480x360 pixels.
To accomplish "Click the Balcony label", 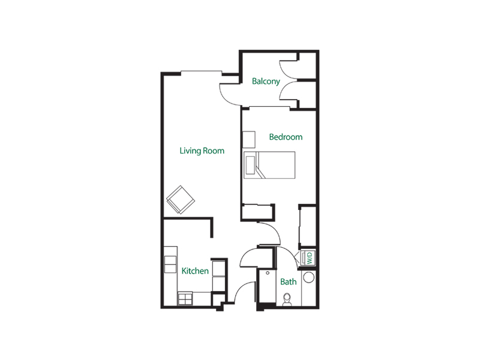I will point(266,81).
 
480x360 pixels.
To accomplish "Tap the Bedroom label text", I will point(286,137).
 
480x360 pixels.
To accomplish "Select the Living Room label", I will point(202,151).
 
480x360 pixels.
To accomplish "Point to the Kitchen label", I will point(195,271).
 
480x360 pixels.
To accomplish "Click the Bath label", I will point(289,281).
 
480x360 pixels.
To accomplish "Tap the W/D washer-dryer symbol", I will point(309,258).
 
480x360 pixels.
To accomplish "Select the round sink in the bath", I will point(309,278).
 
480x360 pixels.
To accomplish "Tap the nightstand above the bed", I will point(248,139).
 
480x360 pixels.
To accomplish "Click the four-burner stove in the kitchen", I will point(185,298).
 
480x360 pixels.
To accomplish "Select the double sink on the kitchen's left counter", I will point(169,264).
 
